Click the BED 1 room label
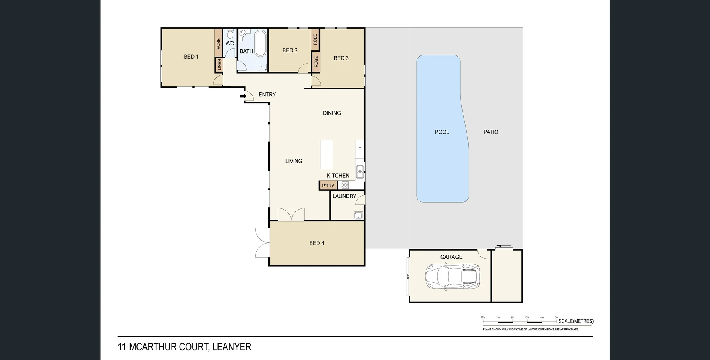click(x=191, y=57)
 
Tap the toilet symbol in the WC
click(x=230, y=35)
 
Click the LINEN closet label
click(x=219, y=65)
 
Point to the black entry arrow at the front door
click(x=243, y=96)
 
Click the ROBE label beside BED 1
click(x=218, y=44)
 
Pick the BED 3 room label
click(x=341, y=58)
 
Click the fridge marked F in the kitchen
click(x=359, y=149)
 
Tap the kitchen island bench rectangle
click(x=326, y=154)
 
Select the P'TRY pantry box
click(x=328, y=186)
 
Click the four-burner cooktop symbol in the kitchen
click(x=345, y=185)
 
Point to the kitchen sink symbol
click(x=360, y=171)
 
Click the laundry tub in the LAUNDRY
click(x=358, y=215)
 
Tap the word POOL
click(x=442, y=132)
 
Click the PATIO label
click(x=491, y=132)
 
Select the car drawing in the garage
click(x=453, y=276)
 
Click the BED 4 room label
click(x=317, y=243)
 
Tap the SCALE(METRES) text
click(x=576, y=321)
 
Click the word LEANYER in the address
click(x=232, y=347)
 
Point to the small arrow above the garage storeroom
click(x=504, y=246)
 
